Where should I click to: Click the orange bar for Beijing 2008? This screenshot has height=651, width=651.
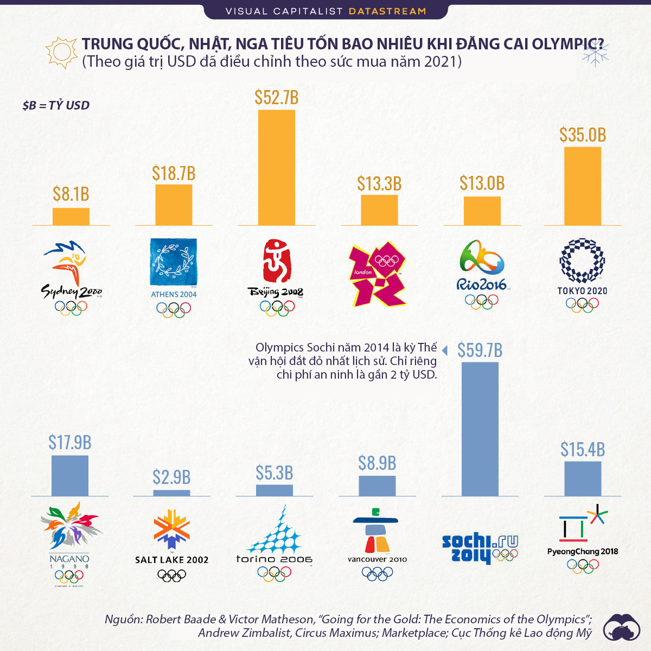click(277, 168)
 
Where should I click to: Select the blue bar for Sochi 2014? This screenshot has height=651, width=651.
click(480, 429)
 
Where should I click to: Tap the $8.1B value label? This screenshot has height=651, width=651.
click(71, 194)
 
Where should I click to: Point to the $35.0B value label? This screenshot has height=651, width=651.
click(583, 135)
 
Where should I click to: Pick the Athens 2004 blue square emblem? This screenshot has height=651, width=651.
click(174, 262)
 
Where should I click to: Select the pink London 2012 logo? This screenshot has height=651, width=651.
click(378, 273)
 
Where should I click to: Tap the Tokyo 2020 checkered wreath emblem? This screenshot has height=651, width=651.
click(582, 260)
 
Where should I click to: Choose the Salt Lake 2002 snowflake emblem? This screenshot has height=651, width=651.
click(172, 529)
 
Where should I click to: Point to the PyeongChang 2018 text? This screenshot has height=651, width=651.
click(583, 552)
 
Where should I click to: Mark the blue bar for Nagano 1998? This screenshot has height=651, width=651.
click(70, 476)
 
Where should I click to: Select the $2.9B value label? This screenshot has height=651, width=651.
click(171, 477)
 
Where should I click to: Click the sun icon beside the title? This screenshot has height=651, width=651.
click(61, 53)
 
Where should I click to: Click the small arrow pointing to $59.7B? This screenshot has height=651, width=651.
click(444, 350)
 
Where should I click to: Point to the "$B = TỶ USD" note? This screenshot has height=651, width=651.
click(56, 105)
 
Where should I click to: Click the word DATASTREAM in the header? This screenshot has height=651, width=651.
click(387, 11)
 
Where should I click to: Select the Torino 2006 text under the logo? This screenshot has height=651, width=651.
click(275, 559)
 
